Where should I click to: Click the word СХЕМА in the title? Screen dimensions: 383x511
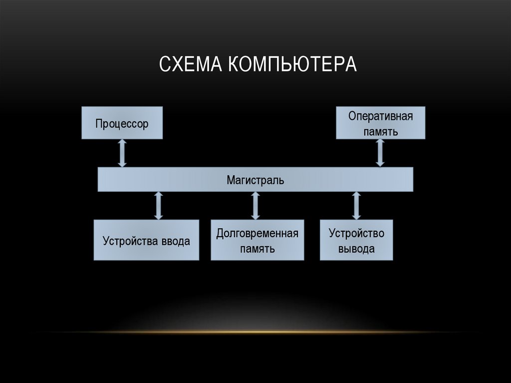pyautogui.click(x=192, y=64)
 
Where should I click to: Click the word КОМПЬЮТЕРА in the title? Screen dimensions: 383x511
pyautogui.click(x=293, y=64)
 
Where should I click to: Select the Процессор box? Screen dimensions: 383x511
pyautogui.click(x=122, y=123)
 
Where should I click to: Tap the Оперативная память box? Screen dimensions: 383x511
pyautogui.click(x=380, y=123)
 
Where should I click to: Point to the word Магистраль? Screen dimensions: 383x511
pyautogui.click(x=255, y=180)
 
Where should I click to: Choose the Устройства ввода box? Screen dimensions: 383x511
pyautogui.click(x=146, y=240)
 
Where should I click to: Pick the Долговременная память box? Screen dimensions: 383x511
pyautogui.click(x=257, y=240)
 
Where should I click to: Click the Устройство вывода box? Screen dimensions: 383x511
pyautogui.click(x=356, y=240)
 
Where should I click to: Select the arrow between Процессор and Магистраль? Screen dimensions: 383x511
pyautogui.click(x=122, y=153)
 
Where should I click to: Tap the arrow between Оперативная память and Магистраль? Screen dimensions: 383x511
pyautogui.click(x=380, y=152)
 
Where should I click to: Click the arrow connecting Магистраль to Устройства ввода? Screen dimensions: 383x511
pyautogui.click(x=159, y=206)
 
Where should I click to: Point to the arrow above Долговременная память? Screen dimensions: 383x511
pyautogui.click(x=255, y=206)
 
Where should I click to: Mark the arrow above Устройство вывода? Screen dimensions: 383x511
pyautogui.click(x=356, y=206)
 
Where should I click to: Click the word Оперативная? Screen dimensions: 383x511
pyautogui.click(x=381, y=117)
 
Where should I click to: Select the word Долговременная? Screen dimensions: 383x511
pyautogui.click(x=257, y=233)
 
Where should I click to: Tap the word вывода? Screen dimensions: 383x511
pyautogui.click(x=356, y=249)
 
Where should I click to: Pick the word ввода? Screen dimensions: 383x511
pyautogui.click(x=175, y=242)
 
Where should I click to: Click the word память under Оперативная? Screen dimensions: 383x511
pyautogui.click(x=381, y=132)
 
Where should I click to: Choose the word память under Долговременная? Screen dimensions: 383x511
pyautogui.click(x=257, y=249)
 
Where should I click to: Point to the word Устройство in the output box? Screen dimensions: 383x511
pyautogui.click(x=356, y=233)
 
